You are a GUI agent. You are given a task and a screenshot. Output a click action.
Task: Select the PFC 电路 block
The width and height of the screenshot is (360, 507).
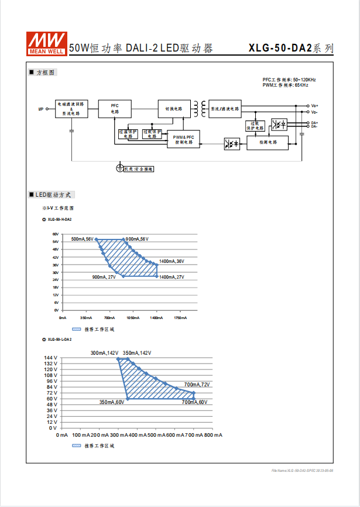(114, 108)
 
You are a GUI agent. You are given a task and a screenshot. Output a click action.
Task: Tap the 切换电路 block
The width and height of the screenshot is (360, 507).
(173, 108)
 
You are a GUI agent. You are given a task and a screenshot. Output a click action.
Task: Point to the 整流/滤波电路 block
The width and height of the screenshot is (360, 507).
(225, 108)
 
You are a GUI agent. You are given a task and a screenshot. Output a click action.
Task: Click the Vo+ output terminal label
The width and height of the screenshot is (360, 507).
(315, 106)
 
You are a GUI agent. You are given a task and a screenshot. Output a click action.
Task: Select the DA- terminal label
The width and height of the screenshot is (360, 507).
(315, 126)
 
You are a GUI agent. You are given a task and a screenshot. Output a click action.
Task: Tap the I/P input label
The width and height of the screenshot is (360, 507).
(41, 109)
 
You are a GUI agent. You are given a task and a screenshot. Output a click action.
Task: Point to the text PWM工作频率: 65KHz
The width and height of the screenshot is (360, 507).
(285, 85)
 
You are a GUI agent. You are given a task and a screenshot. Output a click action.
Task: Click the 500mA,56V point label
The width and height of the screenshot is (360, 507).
(82, 239)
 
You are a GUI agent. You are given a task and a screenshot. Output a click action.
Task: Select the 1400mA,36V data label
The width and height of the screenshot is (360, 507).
(172, 261)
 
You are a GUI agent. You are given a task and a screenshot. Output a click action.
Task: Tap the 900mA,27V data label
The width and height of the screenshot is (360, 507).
(104, 277)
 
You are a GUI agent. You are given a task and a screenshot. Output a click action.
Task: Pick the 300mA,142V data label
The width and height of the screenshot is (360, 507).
(104, 353)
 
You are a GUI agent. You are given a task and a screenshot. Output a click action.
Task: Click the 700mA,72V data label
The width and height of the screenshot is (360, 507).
(197, 385)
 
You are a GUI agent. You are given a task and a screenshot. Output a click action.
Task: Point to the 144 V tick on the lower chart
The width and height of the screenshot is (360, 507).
(50, 358)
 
